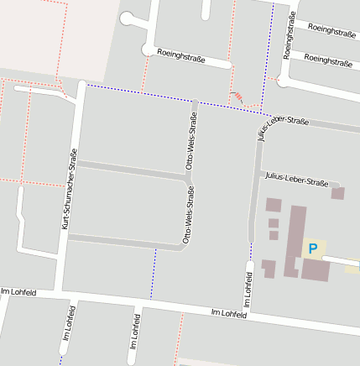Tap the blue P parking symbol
pos(313,248)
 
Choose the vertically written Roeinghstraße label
pos(288,38)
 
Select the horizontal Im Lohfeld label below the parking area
pos(229,313)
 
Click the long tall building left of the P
pos(295,239)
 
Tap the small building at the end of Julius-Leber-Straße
pos(338,193)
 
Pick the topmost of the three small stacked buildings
pos(274,204)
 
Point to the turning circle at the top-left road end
pos(128,18)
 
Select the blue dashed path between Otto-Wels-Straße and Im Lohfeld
pos(154,274)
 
